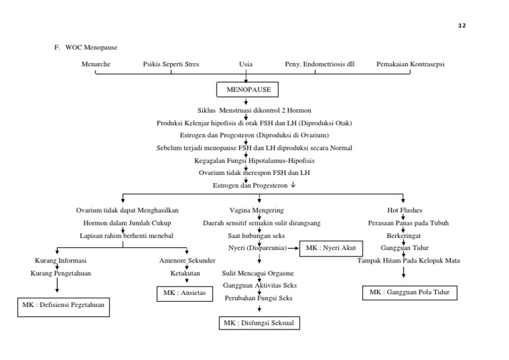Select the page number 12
(462, 25)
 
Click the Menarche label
(96, 64)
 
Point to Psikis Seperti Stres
(171, 64)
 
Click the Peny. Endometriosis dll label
(319, 64)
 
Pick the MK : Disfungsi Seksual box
(259, 323)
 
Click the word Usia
(246, 64)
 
